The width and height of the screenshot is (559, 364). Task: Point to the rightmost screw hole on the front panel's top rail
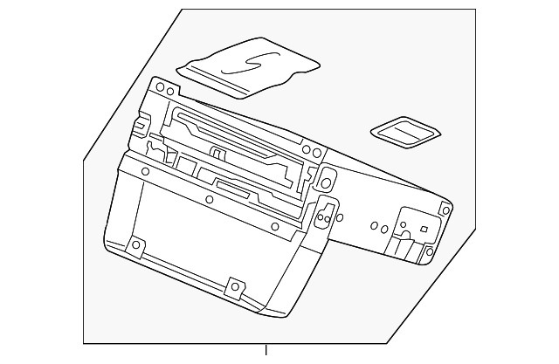point(275,227)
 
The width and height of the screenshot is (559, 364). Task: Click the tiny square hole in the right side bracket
point(423,230)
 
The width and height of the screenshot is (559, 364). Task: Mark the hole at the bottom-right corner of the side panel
point(429,253)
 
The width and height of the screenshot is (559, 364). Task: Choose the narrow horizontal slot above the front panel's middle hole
point(231,189)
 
